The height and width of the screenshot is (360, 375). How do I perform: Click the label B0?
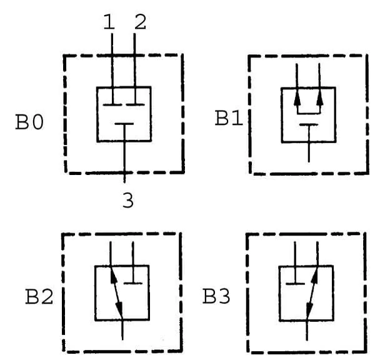29,122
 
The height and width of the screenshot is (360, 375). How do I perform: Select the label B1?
229,118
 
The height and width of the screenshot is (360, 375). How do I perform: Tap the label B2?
39,297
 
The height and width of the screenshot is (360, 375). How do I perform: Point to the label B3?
216,296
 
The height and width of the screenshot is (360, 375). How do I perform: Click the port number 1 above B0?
109,22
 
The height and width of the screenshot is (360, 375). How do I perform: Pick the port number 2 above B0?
141,22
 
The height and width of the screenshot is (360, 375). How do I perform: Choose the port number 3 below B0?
128,200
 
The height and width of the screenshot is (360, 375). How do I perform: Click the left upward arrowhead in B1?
297,99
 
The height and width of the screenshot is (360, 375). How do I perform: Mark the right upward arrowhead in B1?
320,99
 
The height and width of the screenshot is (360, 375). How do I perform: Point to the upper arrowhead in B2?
113,274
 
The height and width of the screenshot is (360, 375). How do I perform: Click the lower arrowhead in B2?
119,310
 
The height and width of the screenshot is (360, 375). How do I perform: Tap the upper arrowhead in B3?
315,274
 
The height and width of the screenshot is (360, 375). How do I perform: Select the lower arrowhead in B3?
309,310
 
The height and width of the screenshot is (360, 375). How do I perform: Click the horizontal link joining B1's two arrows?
309,113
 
